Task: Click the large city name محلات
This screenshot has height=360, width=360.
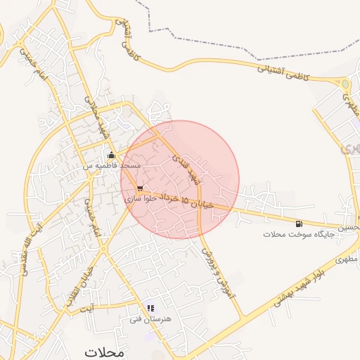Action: (x=103, y=351)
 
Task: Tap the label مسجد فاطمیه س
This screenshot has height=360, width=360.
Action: (x=112, y=165)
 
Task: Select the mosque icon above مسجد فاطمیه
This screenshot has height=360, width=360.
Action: (x=110, y=155)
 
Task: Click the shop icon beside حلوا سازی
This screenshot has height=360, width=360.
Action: (x=141, y=188)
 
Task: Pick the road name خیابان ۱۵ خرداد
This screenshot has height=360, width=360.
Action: (x=186, y=199)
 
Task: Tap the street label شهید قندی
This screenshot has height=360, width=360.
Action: (x=187, y=168)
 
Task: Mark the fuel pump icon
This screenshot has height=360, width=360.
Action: (x=300, y=224)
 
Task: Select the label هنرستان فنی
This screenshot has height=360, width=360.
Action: (x=146, y=319)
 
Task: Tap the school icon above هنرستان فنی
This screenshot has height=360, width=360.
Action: (x=150, y=308)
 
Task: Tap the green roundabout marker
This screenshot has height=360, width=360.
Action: (x=345, y=85)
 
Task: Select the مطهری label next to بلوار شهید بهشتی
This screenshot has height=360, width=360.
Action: (x=347, y=259)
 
